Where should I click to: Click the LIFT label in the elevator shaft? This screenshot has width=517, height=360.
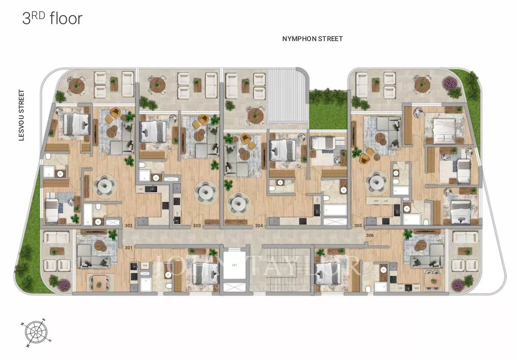(x=235, y=265)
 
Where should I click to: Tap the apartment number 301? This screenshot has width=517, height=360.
(x=129, y=248)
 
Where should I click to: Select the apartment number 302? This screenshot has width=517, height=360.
(x=129, y=226)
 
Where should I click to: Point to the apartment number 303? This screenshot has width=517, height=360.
(x=197, y=226)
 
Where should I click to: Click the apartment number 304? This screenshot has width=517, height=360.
(x=259, y=226)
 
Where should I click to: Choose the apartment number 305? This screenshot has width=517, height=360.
(x=358, y=226)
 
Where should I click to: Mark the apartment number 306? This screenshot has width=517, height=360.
(x=370, y=235)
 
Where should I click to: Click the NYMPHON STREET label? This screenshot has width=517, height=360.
(x=312, y=39)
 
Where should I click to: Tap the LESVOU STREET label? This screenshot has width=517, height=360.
(x=22, y=115)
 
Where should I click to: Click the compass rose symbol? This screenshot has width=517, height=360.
(x=36, y=332)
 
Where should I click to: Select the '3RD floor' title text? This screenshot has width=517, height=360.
(x=52, y=19)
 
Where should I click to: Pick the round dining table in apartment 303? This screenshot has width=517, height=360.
(x=206, y=191)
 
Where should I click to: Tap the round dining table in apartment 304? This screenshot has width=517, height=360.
(x=238, y=203)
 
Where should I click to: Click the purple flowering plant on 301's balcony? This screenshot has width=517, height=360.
(x=64, y=285)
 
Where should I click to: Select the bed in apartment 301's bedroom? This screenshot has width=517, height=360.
(x=205, y=274)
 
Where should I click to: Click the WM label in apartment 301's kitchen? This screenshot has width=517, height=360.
(x=146, y=265)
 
